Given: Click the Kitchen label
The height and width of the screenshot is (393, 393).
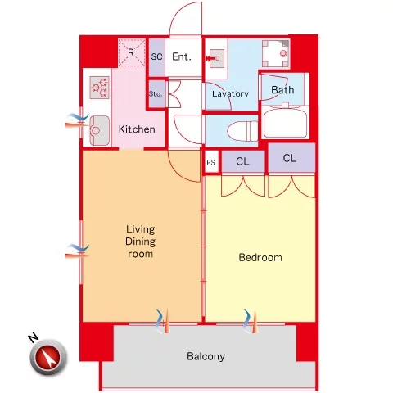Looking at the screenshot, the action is pyautogui.click(x=137, y=129).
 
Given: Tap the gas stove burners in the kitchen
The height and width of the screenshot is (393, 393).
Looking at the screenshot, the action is pyautogui.click(x=99, y=88).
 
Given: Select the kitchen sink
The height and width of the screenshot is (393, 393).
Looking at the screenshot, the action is pyautogui.click(x=100, y=130).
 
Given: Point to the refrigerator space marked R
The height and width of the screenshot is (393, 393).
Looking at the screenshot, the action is pyautogui.click(x=131, y=52).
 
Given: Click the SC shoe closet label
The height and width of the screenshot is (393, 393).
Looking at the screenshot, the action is pyautogui.click(x=156, y=56).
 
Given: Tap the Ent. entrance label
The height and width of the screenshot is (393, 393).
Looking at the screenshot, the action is pyautogui.click(x=182, y=56).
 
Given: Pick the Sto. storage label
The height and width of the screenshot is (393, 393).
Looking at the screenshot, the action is pyautogui.click(x=156, y=94).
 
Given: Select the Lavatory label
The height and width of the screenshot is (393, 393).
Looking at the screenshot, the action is pyautogui.click(x=230, y=93).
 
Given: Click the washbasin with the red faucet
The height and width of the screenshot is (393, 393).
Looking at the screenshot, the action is pyautogui.click(x=215, y=58).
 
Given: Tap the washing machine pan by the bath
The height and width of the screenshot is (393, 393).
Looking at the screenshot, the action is pyautogui.click(x=276, y=54).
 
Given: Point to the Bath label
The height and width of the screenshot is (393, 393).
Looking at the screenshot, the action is pyautogui.click(x=282, y=90).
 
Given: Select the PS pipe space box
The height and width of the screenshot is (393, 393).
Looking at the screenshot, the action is pyautogui.click(x=211, y=161).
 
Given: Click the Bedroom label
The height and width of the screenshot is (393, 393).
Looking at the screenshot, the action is pyautogui.click(x=260, y=257).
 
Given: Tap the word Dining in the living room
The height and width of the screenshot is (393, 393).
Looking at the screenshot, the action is pyautogui.click(x=140, y=242).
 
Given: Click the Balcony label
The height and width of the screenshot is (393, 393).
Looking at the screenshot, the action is pyautogui.click(x=206, y=356).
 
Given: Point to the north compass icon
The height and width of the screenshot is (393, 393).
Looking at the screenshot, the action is pyautogui.click(x=48, y=357).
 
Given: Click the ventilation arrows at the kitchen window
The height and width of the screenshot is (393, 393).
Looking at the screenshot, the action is pyautogui.click(x=77, y=121).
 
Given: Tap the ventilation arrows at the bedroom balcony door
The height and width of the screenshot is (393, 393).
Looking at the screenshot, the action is pyautogui.click(x=250, y=321).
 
